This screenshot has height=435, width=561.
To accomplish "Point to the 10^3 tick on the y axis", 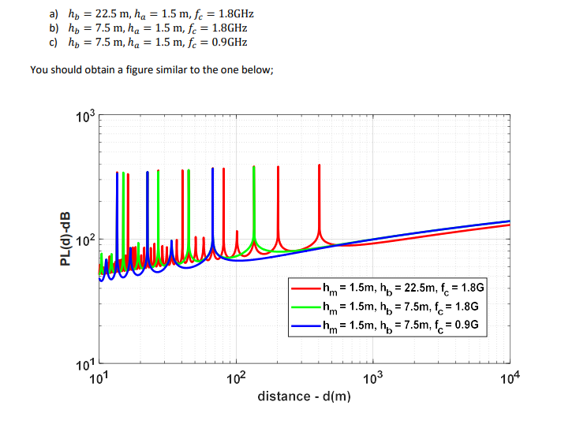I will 85,118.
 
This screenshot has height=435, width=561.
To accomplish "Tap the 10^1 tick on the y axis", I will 85,363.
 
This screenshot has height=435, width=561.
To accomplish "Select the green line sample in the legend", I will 305,307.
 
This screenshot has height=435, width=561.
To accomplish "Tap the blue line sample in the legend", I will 305,324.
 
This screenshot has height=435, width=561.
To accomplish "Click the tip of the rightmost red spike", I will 319,165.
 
